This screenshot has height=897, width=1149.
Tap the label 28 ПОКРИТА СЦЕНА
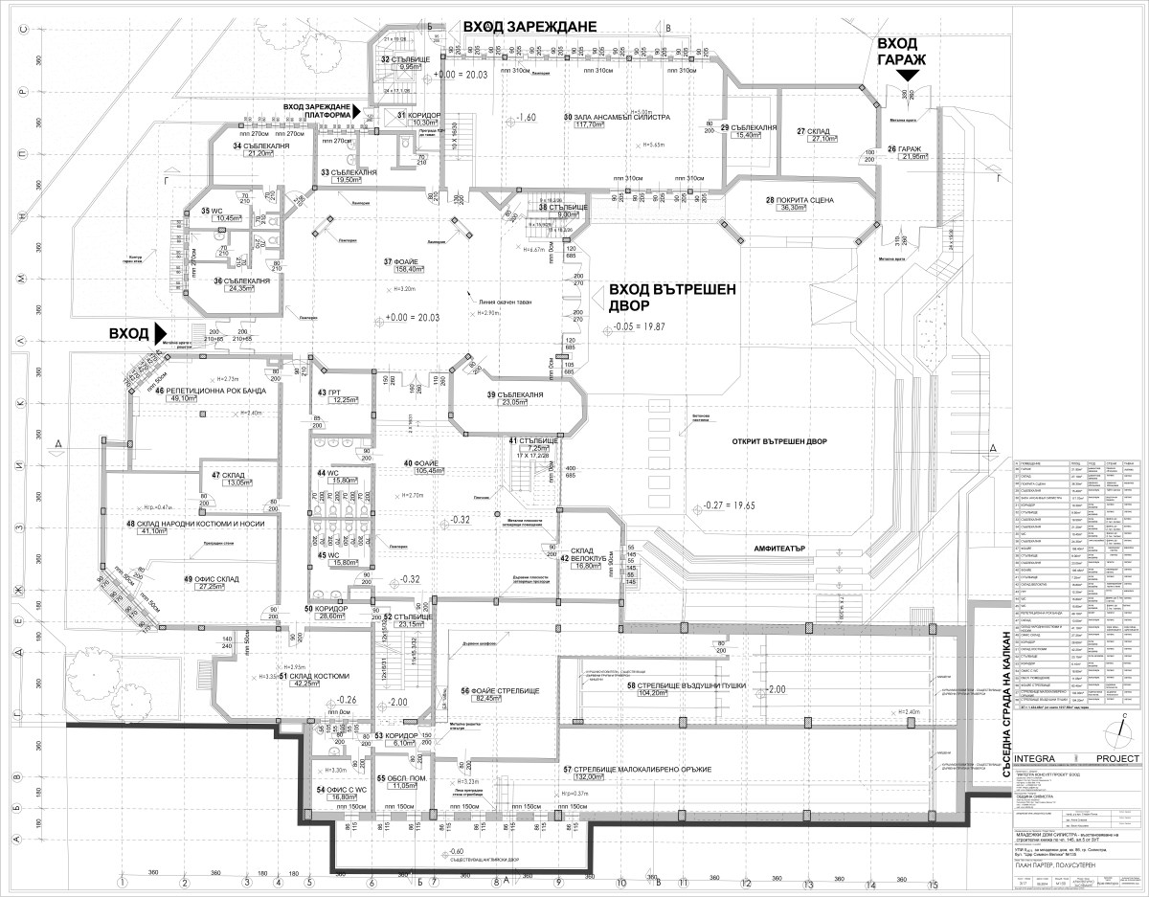(x=800, y=200)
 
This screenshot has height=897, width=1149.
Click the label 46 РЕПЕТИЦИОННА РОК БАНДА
(x=204, y=392)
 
